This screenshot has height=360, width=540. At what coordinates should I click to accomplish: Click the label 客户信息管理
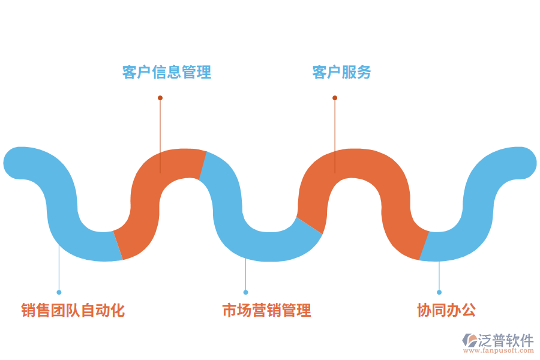pos(167,73)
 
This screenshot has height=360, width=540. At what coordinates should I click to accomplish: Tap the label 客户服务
pos(342,73)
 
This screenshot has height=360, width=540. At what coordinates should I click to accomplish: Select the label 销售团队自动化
pos(73,310)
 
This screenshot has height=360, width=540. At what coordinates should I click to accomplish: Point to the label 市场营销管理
pos(266,310)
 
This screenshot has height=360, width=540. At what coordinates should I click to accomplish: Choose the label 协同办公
pos(446,310)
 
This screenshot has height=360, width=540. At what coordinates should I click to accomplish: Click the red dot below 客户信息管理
pos(160,98)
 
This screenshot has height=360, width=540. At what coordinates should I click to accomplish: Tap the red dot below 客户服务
pos(335,98)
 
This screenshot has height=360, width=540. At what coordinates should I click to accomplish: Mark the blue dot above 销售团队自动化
pos(59,292)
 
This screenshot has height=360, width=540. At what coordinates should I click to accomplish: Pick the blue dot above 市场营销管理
pos(245,292)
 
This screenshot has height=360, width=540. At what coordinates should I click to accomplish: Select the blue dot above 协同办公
pos(439,292)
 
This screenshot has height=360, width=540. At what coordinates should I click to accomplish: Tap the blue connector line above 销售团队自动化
pos(59,270)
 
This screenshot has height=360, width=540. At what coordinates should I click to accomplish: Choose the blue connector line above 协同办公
pos(439,276)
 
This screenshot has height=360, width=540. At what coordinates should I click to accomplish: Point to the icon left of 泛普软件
pos(469,340)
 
